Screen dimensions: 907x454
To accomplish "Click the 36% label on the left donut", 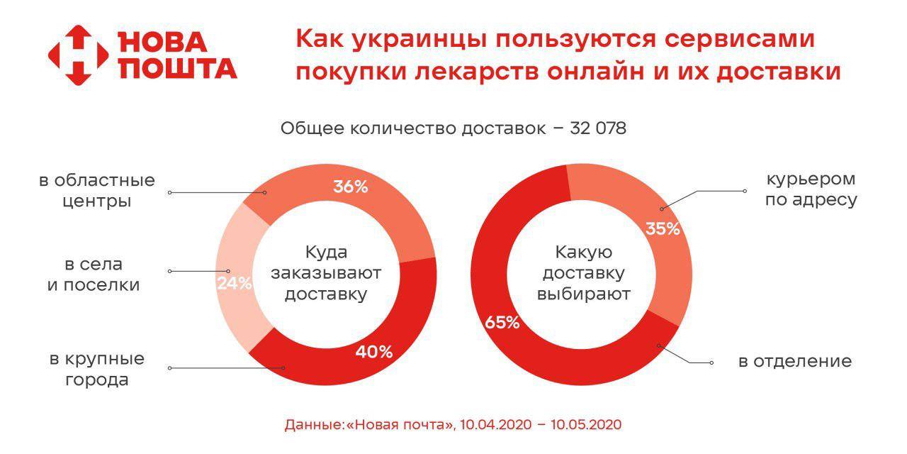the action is (x=351, y=187).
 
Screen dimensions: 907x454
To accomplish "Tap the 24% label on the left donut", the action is (x=235, y=283).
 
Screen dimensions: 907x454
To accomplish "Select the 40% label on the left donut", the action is (x=374, y=352).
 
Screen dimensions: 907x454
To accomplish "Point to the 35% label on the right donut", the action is (x=663, y=229).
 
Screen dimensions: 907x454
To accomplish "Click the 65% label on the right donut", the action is (x=502, y=323).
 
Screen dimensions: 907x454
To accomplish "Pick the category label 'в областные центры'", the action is (x=97, y=191).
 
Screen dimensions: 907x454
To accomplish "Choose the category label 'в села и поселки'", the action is (x=94, y=275).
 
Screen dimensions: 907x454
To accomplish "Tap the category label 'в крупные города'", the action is (x=97, y=370).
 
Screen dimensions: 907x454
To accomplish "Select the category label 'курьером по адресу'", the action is (x=811, y=189).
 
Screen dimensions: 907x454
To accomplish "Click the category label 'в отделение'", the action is (x=795, y=361).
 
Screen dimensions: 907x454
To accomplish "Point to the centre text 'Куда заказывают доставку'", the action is (x=326, y=274).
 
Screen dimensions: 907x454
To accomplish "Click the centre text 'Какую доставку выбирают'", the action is (x=583, y=274).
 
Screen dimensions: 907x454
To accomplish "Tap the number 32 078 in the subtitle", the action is (x=598, y=128).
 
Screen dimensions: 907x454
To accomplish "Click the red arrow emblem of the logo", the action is (x=79, y=55).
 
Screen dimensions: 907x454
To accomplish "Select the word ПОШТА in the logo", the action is (x=178, y=68).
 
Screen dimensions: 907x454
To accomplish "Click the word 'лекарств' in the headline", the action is (x=477, y=72).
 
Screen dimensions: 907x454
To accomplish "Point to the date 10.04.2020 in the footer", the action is (x=495, y=424).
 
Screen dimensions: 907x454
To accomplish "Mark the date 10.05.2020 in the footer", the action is (x=586, y=424).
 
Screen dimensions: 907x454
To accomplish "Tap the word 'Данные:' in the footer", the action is (x=315, y=425).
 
